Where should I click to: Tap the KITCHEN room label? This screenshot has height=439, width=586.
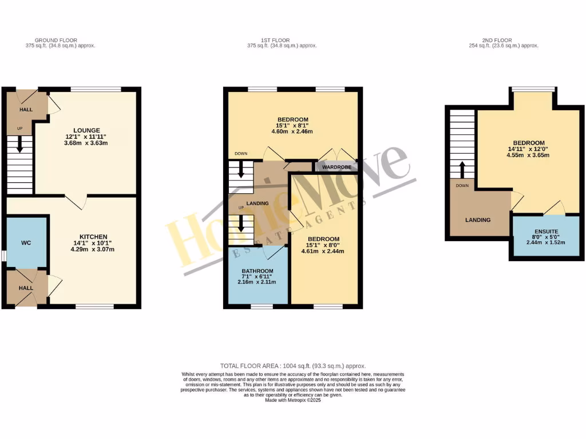coord(94,237)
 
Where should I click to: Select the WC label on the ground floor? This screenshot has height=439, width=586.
coord(26,243)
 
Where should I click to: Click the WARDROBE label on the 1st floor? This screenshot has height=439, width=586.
coord(336,168)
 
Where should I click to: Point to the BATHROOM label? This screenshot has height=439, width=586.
coord(258,271)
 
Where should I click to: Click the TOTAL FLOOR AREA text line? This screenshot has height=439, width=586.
coord(293,366)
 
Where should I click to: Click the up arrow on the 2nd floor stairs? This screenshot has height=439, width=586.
coord(462,170)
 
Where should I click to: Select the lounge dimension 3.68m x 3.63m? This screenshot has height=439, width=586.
coord(86,143)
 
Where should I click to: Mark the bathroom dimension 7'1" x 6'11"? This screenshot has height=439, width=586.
coord(258,277)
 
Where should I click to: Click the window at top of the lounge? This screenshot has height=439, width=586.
coord(96,89)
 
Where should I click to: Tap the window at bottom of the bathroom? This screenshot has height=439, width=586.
coord(262,306)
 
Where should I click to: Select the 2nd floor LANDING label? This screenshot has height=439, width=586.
coord(478,219)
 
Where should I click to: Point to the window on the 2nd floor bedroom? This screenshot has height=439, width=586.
coord(533,89)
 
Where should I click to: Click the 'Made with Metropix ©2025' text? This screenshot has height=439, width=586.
coord(293,401)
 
